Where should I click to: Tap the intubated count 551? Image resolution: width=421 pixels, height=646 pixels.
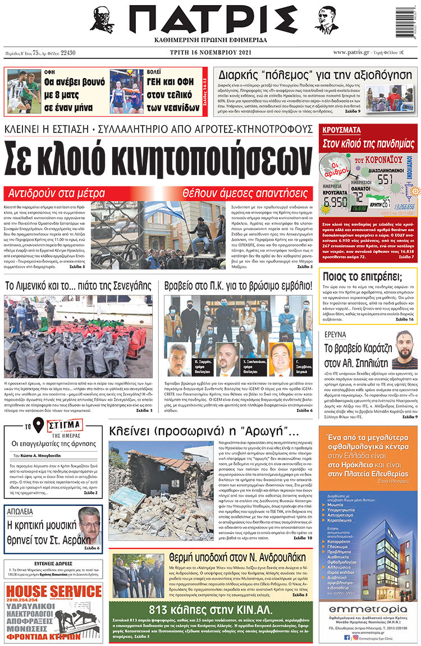(385, 180)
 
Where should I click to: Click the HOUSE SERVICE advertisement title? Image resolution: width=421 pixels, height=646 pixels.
(53, 591)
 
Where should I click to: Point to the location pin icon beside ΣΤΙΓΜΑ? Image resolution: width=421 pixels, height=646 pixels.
(38, 427)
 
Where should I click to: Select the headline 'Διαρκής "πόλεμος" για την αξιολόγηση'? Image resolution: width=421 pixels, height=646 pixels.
(314, 74)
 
